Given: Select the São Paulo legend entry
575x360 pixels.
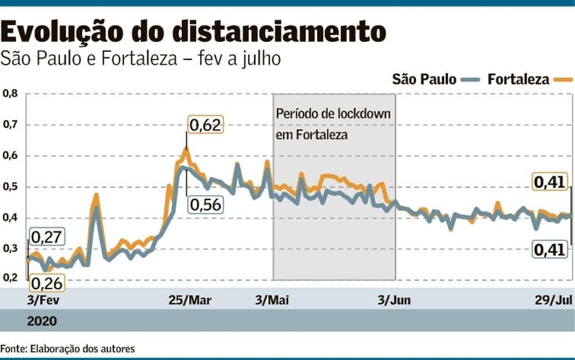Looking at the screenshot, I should [424, 79].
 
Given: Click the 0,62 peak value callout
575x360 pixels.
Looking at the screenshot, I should [205, 124].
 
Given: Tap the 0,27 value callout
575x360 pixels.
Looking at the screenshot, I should [46, 238].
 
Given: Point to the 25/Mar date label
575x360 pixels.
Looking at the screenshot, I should [190, 300].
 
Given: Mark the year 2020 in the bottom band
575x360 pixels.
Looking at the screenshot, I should [42, 321].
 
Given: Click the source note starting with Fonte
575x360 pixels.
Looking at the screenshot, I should [68, 349].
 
